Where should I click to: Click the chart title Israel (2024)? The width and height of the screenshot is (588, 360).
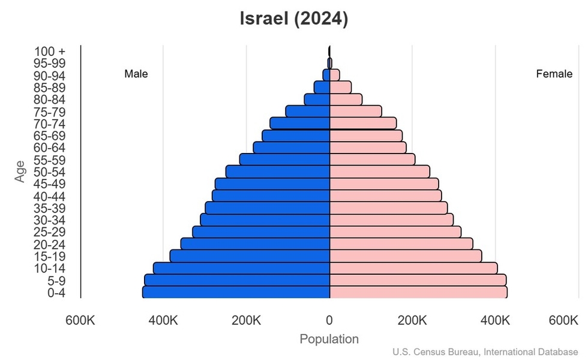point(293,19)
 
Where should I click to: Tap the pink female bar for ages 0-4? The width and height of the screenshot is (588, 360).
point(418,292)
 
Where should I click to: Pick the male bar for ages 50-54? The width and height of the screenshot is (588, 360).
point(278,172)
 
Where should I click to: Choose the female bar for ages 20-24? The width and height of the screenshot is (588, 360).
point(401,244)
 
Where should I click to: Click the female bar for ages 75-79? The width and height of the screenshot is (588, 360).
point(356,112)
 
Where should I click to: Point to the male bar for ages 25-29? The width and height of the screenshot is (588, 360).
point(261,232)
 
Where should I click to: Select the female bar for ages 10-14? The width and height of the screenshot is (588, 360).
point(413,268)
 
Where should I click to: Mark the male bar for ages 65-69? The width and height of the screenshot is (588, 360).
point(296,136)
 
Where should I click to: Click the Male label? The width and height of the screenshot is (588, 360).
point(136,74)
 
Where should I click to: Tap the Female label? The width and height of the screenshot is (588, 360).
point(554,74)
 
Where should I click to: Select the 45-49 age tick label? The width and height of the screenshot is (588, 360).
point(49,184)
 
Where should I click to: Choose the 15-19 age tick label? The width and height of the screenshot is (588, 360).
point(49,256)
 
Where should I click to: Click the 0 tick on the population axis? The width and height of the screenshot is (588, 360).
point(329,320)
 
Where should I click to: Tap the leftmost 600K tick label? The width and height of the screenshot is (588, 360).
point(80,320)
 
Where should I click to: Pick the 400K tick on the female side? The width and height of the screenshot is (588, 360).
point(496,320)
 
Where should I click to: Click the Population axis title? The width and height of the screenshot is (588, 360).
point(329,339)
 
